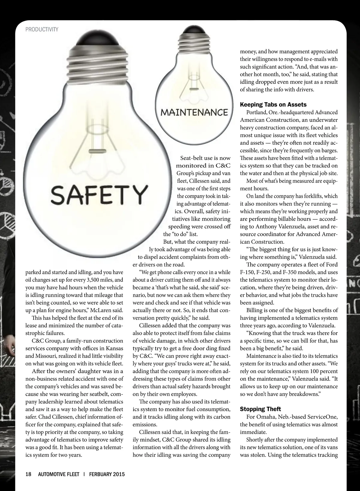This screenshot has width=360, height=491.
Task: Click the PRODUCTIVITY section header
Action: click(x=42, y=29)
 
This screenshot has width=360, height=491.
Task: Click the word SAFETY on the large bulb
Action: click(x=99, y=194)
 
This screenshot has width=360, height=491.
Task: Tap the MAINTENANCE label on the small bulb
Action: click(x=194, y=112)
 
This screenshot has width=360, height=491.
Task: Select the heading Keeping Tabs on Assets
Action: click(x=273, y=105)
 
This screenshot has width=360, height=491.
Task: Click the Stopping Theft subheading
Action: click(x=260, y=409)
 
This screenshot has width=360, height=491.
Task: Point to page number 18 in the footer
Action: click(x=28, y=474)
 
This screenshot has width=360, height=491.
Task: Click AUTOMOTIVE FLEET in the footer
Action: click(x=58, y=474)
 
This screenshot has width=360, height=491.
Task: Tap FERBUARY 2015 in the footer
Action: click(x=107, y=474)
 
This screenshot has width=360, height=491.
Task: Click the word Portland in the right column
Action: click(x=257, y=112)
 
